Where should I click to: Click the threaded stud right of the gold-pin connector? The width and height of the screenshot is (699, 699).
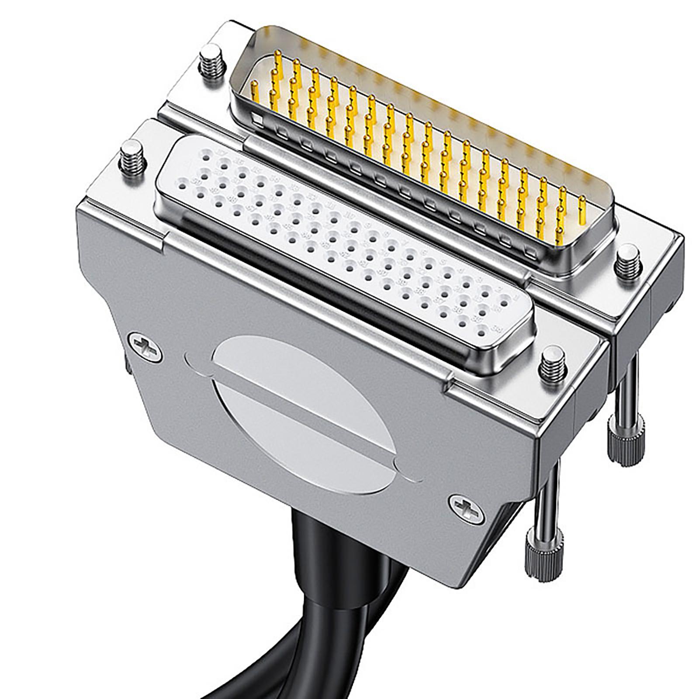pos(627,263)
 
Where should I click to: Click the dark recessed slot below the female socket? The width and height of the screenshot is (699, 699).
pos(306,271)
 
